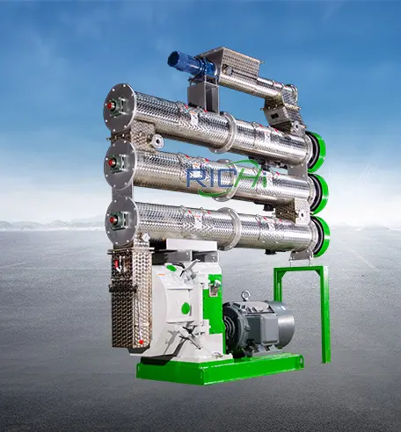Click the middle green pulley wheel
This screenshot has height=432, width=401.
click(x=320, y=193)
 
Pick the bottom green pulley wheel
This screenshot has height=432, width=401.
click(x=322, y=236)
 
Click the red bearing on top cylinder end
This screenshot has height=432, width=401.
click(x=111, y=106)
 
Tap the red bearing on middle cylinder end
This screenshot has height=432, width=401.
click(x=112, y=162)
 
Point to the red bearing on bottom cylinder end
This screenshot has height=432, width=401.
click(x=113, y=220)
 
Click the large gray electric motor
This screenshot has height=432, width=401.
click(x=258, y=325)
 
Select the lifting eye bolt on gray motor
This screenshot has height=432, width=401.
click(x=244, y=296)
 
